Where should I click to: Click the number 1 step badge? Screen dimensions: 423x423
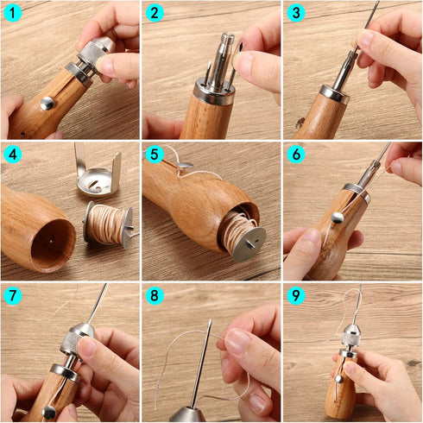(12, 13)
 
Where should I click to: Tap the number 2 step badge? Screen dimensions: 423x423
(155, 13)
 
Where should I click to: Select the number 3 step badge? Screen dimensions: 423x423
(296, 13)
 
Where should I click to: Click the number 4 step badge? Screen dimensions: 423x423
(12, 155)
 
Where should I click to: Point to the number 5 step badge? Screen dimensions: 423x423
(155, 155)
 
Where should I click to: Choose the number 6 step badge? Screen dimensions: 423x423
(296, 155)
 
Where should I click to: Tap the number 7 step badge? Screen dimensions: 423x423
(12, 297)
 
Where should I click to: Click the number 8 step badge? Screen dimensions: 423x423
(155, 297)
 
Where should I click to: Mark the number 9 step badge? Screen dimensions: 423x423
(296, 297)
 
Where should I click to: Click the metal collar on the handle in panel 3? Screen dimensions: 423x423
(333, 93)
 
